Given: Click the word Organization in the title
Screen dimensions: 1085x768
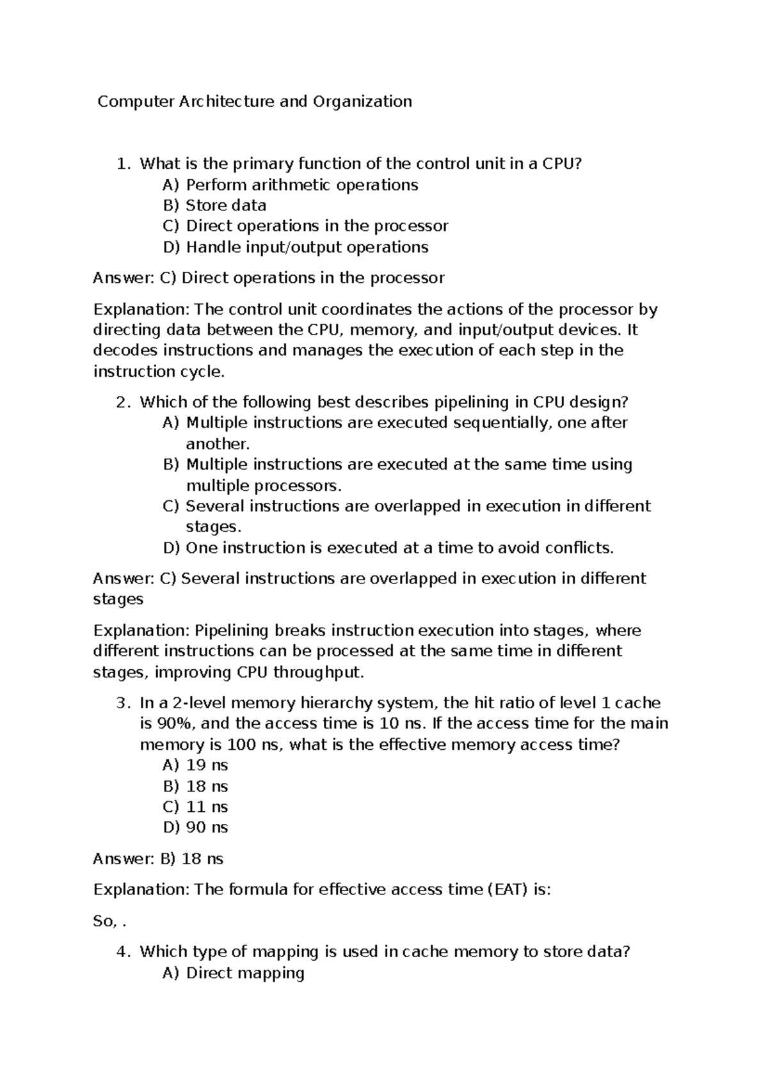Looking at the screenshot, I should tap(362, 102).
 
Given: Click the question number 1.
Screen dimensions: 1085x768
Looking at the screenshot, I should tap(122, 164).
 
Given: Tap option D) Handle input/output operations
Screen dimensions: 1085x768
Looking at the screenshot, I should tap(296, 247).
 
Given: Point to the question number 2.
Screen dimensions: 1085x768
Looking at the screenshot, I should tap(122, 402).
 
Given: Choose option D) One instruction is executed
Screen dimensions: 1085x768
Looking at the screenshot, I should tap(388, 548).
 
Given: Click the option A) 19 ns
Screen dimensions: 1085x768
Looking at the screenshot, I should tap(196, 766).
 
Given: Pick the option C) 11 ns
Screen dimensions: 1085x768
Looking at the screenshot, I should tap(196, 807).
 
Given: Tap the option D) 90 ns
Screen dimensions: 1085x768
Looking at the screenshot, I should tap(196, 828).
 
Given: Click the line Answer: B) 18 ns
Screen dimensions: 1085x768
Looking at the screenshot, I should tap(158, 859).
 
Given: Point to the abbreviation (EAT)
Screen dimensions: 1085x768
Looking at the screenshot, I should tap(507, 890).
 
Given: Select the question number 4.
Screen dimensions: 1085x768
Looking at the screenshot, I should tap(122, 952).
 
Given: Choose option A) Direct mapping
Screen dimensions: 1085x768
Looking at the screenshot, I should tap(234, 973).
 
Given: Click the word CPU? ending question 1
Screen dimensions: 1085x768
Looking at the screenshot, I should tap(563, 164).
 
